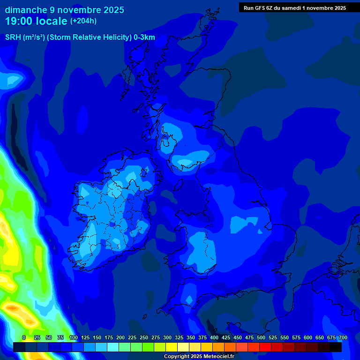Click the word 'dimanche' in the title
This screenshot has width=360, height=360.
pos(22,9)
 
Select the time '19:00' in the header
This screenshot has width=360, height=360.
pos(19,21)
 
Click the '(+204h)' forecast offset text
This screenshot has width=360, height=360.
pos(83,21)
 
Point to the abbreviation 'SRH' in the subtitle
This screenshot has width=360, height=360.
pos(13,37)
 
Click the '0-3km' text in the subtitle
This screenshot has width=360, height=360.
pos(144,37)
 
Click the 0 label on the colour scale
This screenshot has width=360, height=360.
pos(24,337)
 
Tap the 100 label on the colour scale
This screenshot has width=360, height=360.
pos(73,337)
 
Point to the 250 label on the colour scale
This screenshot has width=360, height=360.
pos(143,337)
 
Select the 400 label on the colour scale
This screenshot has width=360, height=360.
pos(214,337)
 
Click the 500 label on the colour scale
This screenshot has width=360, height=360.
pos(261,337)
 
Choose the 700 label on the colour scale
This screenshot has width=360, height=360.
pos(343,337)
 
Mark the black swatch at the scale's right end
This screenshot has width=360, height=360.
pos(336,347)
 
